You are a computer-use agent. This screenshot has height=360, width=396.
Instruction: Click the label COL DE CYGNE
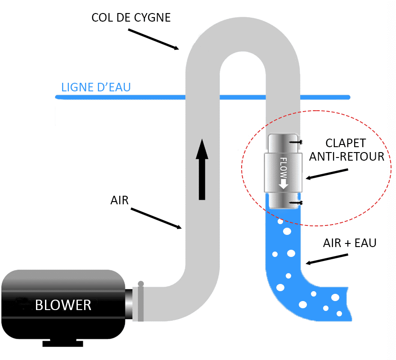[x=131, y=18]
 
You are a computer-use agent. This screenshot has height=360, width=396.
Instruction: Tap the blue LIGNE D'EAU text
[x=96, y=86]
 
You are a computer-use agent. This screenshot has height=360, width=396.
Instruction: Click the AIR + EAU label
[x=350, y=243]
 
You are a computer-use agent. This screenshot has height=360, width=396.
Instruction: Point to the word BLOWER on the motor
[x=63, y=305]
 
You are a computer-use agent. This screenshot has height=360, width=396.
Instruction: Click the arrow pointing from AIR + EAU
[x=327, y=259]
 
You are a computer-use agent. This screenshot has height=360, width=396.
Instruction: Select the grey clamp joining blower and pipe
[x=140, y=302]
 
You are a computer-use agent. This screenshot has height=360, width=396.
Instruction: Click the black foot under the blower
[x=63, y=343]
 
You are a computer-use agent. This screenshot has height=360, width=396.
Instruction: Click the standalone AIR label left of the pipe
[x=119, y=200]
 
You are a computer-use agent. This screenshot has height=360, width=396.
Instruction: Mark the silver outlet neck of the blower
[x=129, y=304]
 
